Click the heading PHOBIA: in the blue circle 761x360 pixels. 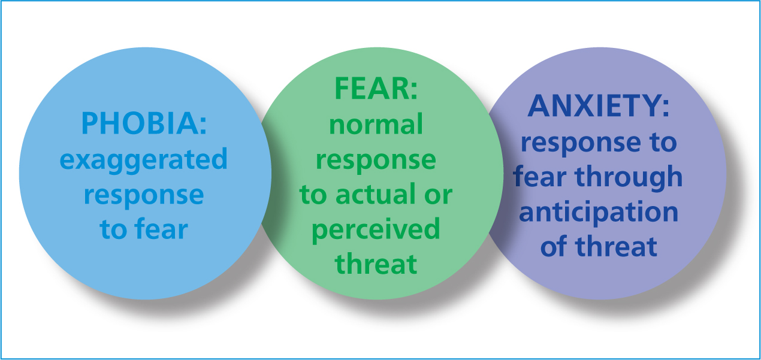144,123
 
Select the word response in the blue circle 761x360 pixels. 144,196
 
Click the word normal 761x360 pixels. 376,124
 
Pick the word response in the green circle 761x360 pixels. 376,162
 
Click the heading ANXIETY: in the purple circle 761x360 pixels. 599,106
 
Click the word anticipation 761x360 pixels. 599,212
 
